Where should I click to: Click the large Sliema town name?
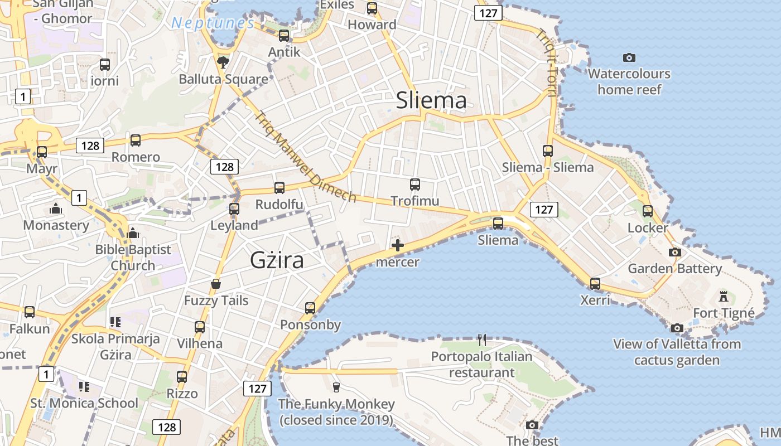(x=431, y=100)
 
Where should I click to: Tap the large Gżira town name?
(x=277, y=260)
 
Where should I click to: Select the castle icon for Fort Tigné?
(x=724, y=296)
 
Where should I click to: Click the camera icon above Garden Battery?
(x=674, y=252)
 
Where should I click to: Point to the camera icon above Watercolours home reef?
(x=629, y=57)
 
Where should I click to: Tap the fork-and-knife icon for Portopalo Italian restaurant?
(x=482, y=339)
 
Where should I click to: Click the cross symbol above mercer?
(x=398, y=245)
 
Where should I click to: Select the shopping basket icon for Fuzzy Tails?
(x=216, y=284)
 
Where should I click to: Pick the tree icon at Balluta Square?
(x=223, y=62)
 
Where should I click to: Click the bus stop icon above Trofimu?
(x=414, y=185)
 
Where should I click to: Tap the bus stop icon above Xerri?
(x=595, y=284)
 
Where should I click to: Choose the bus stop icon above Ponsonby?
(x=310, y=308)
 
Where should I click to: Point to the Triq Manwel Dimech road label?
(x=306, y=157)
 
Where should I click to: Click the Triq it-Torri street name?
(x=546, y=62)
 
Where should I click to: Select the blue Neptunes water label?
(x=212, y=23)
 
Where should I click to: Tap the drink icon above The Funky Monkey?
(x=336, y=387)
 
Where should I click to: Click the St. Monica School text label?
(x=84, y=403)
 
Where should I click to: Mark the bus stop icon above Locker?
(x=647, y=211)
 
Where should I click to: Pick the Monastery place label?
(x=56, y=225)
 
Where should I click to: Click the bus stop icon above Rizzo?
(x=182, y=377)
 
